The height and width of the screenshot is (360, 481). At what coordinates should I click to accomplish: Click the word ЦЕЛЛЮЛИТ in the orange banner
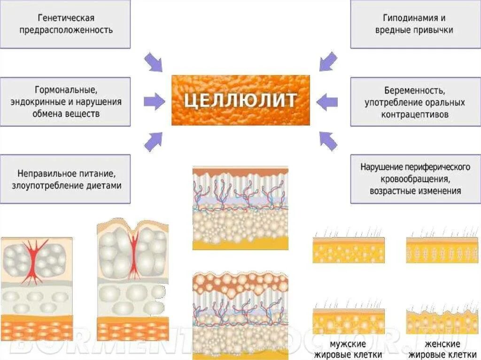(240, 100)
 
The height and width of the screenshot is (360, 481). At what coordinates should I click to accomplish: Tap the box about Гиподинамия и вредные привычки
(415, 24)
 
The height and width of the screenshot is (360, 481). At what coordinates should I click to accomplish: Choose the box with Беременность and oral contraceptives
(415, 101)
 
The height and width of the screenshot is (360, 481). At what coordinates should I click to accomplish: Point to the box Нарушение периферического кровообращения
(415, 179)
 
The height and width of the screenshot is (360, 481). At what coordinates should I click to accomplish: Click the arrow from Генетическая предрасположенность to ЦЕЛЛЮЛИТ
(153, 62)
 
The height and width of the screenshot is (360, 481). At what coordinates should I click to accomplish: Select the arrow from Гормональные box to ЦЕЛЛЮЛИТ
(154, 100)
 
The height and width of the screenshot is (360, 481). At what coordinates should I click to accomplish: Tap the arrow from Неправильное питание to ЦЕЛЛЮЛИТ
(153, 141)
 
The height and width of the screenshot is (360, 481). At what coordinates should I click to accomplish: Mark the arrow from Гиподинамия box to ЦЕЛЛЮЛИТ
(328, 61)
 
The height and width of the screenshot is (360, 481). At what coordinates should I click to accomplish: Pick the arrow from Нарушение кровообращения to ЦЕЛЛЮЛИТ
(328, 140)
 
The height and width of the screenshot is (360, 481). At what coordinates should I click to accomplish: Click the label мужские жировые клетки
(349, 350)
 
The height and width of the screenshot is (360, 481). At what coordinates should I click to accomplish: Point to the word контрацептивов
(415, 114)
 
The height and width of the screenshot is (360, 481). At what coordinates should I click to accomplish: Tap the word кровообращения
(415, 179)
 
